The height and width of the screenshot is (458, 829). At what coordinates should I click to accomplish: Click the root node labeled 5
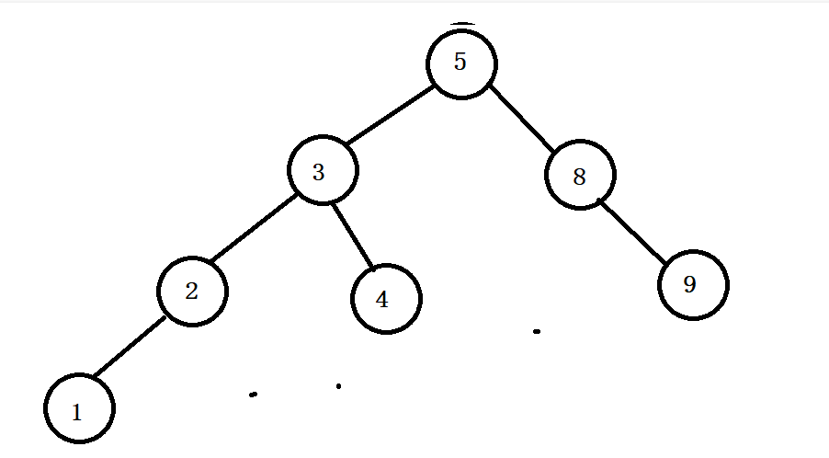click(x=461, y=63)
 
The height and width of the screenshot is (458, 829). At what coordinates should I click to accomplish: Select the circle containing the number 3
click(x=322, y=172)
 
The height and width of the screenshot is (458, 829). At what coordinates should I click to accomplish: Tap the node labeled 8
click(x=580, y=176)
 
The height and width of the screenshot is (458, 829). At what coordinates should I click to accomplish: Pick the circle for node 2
click(x=192, y=292)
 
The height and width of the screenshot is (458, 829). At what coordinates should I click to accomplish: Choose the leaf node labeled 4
click(x=386, y=299)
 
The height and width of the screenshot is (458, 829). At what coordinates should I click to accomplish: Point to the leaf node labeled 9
click(x=693, y=284)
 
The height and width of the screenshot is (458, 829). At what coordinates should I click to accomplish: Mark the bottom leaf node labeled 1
click(x=79, y=410)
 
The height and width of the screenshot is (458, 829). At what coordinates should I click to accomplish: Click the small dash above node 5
click(x=462, y=23)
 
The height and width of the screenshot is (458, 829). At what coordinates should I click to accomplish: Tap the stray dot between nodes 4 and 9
click(x=537, y=330)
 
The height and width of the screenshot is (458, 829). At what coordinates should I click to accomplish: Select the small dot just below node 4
click(x=338, y=386)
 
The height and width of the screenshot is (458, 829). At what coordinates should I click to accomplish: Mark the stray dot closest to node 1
click(x=253, y=395)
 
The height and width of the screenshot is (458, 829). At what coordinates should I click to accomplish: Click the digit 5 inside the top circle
click(x=460, y=63)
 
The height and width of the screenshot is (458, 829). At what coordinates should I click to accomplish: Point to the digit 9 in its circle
click(x=690, y=284)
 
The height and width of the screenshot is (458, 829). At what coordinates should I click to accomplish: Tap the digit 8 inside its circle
click(x=579, y=177)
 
